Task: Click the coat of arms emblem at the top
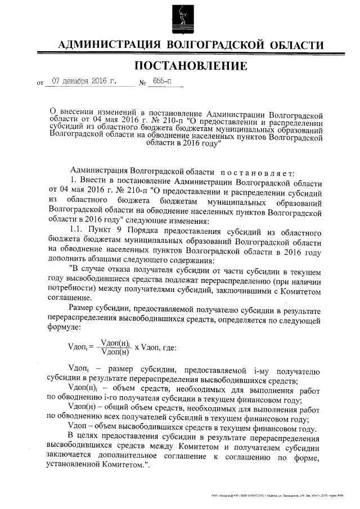pos(180,19)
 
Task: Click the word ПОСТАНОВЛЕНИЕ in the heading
pos(191,66)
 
